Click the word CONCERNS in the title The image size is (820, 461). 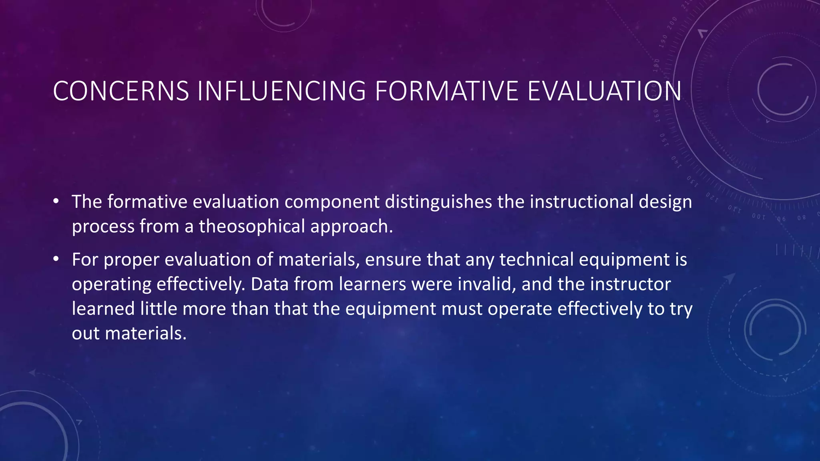pos(121,91)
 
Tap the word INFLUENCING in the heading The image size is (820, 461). pos(281,91)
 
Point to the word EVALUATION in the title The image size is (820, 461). pos(604,91)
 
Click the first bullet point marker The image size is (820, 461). pos(56,201)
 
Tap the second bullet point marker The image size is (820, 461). pos(56,259)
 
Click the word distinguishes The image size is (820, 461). pos(438,202)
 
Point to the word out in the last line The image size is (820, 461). pos(86,333)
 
